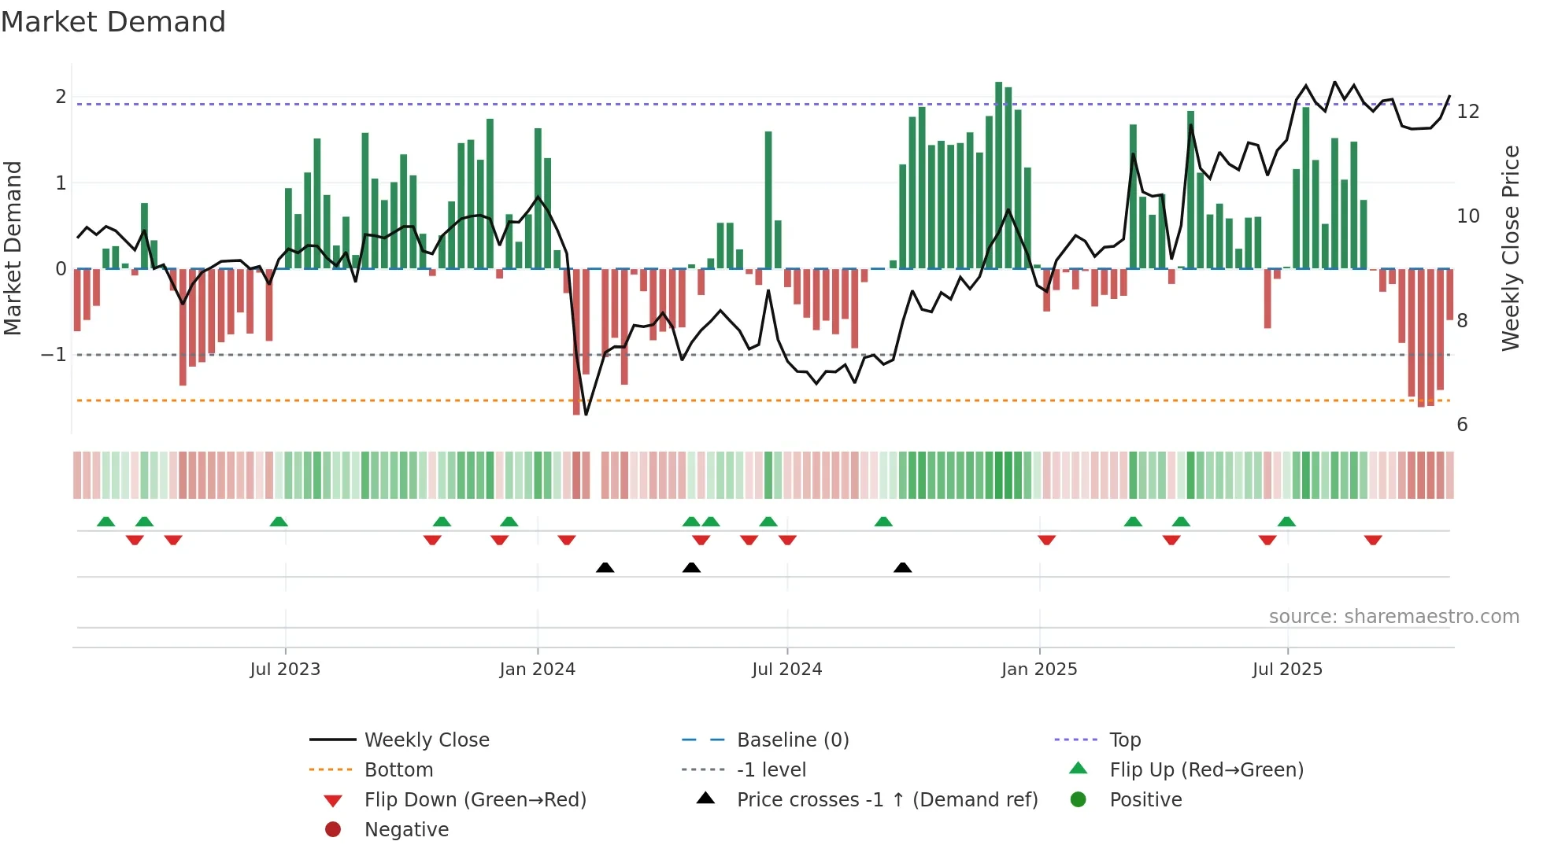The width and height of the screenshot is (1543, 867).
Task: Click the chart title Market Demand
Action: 113,22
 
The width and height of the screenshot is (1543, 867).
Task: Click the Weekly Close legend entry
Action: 426,740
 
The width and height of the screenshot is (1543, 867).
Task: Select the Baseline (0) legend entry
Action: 792,740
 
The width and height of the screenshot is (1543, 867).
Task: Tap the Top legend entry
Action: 1124,740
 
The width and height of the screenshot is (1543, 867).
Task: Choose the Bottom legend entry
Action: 398,769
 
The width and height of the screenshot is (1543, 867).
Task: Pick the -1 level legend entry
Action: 771,769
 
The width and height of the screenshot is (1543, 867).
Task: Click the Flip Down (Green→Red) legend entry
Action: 475,799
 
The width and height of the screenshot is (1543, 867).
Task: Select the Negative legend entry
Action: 406,829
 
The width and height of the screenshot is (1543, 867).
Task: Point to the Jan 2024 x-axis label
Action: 537,670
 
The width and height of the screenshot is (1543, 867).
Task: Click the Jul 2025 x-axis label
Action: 1287,670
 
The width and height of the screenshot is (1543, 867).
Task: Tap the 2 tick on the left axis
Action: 61,97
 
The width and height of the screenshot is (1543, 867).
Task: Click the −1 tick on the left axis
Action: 54,355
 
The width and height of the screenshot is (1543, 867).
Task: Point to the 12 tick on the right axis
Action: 1467,112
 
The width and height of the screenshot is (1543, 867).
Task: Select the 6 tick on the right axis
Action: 1462,425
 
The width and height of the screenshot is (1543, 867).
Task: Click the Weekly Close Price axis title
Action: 1510,248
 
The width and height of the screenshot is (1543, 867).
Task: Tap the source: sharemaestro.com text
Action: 1393,616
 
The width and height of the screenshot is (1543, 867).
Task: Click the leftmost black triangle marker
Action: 605,567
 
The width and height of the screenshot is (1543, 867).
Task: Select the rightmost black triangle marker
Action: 902,567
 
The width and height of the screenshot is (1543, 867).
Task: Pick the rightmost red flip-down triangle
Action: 1373,540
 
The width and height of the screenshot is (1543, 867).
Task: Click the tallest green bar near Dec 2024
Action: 998,175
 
